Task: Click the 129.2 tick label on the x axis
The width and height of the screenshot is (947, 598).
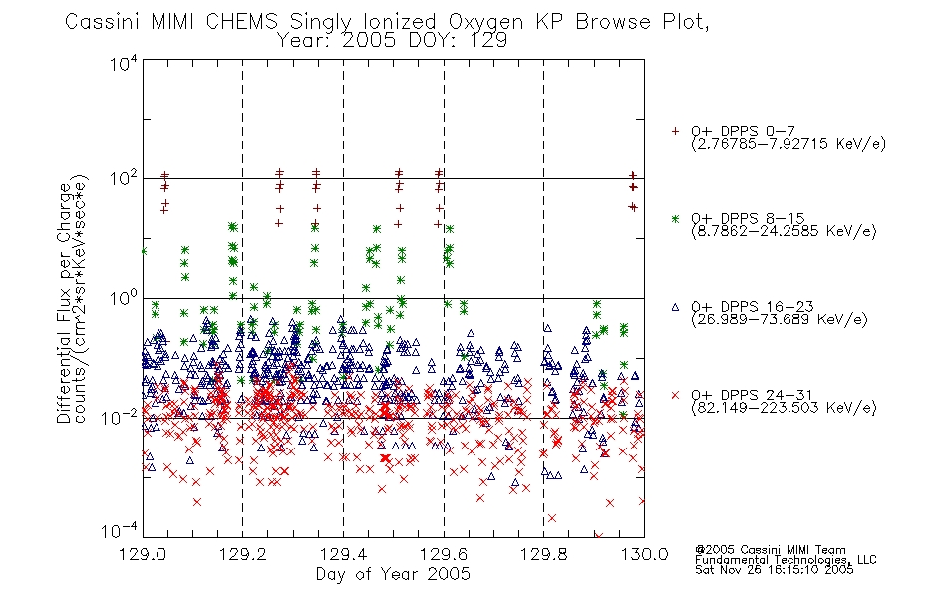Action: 243,554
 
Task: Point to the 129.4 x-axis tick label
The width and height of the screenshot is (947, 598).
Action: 343,554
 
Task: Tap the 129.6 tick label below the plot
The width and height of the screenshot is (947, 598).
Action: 444,554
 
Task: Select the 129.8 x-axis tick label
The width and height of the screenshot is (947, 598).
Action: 543,554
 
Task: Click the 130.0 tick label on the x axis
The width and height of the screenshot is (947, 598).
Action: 644,554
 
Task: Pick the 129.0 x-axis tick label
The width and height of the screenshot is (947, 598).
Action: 143,554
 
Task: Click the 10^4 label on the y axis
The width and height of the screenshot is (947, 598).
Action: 124,63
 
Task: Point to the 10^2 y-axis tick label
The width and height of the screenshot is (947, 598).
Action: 124,178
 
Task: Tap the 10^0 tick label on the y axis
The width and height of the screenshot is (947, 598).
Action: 124,298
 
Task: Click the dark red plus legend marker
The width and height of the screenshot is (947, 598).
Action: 675,131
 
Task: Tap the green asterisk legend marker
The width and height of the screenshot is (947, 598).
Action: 675,218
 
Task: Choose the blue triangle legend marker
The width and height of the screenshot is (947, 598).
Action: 675,307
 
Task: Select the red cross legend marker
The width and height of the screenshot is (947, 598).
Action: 675,395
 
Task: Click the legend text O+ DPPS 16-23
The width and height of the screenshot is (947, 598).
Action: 752,306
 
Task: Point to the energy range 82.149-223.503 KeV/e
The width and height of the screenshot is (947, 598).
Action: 784,408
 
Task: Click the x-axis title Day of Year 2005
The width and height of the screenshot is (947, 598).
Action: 393,574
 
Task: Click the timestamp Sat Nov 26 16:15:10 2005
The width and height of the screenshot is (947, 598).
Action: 775,569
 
